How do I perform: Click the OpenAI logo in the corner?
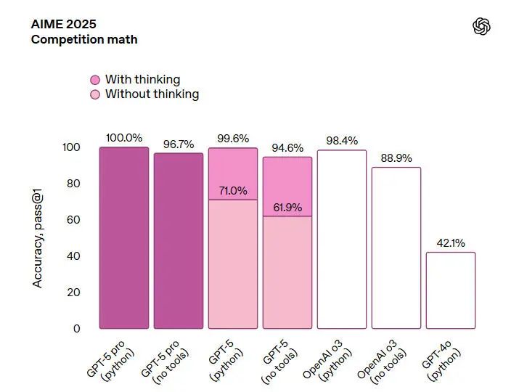481,27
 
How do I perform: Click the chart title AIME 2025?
64,23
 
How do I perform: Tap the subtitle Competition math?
83,39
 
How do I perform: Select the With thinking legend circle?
95,80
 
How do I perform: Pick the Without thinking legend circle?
95,94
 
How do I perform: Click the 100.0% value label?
124,137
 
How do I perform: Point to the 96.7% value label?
179,144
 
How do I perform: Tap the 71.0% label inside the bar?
233,191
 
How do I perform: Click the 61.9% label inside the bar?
287,208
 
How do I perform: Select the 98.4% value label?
342,141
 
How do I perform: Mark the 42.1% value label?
451,243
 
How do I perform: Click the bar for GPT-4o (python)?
451,290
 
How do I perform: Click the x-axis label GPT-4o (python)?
442,360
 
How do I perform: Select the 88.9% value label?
396,158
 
